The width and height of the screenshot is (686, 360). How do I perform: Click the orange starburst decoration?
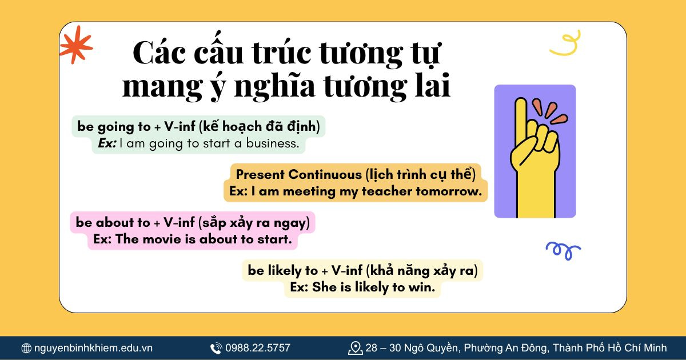tap(75, 45)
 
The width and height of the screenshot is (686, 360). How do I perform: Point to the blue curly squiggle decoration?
tap(563, 250)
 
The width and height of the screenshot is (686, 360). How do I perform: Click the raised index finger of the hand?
tap(520, 123)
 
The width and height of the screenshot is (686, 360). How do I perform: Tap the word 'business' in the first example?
tap(272, 143)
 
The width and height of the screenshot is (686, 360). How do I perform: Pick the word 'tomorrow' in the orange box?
tap(448, 191)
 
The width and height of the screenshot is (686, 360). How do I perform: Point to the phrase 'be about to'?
tap(113, 222)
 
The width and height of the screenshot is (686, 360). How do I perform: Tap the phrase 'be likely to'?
tap(283, 270)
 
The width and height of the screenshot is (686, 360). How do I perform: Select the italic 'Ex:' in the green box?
tap(106, 143)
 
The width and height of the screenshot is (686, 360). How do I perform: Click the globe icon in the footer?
tap(26, 348)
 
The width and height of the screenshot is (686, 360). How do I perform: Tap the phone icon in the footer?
tap(216, 348)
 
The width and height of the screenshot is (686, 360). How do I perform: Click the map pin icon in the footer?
tap(356, 347)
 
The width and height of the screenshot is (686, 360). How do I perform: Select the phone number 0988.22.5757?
tap(258, 347)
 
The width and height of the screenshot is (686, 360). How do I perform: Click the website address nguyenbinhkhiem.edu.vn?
tap(93, 348)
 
